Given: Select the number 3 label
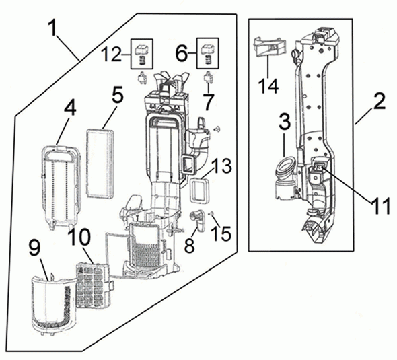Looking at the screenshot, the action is [285, 121].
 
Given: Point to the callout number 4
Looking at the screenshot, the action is [70, 109].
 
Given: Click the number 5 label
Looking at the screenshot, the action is [117, 95].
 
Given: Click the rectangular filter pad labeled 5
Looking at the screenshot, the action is [100, 164].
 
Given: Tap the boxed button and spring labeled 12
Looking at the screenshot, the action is [142, 54].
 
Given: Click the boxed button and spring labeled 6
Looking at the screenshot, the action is [208, 53].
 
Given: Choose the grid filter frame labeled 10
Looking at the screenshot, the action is [94, 285].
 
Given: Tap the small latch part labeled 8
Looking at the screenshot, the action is [197, 219].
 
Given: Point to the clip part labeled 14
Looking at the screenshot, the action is [269, 46].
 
